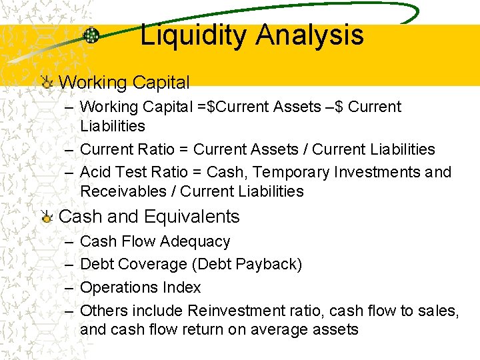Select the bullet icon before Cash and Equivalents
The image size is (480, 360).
(x=46, y=217)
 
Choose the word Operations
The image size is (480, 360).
(x=118, y=287)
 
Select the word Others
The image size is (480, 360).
(x=103, y=311)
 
